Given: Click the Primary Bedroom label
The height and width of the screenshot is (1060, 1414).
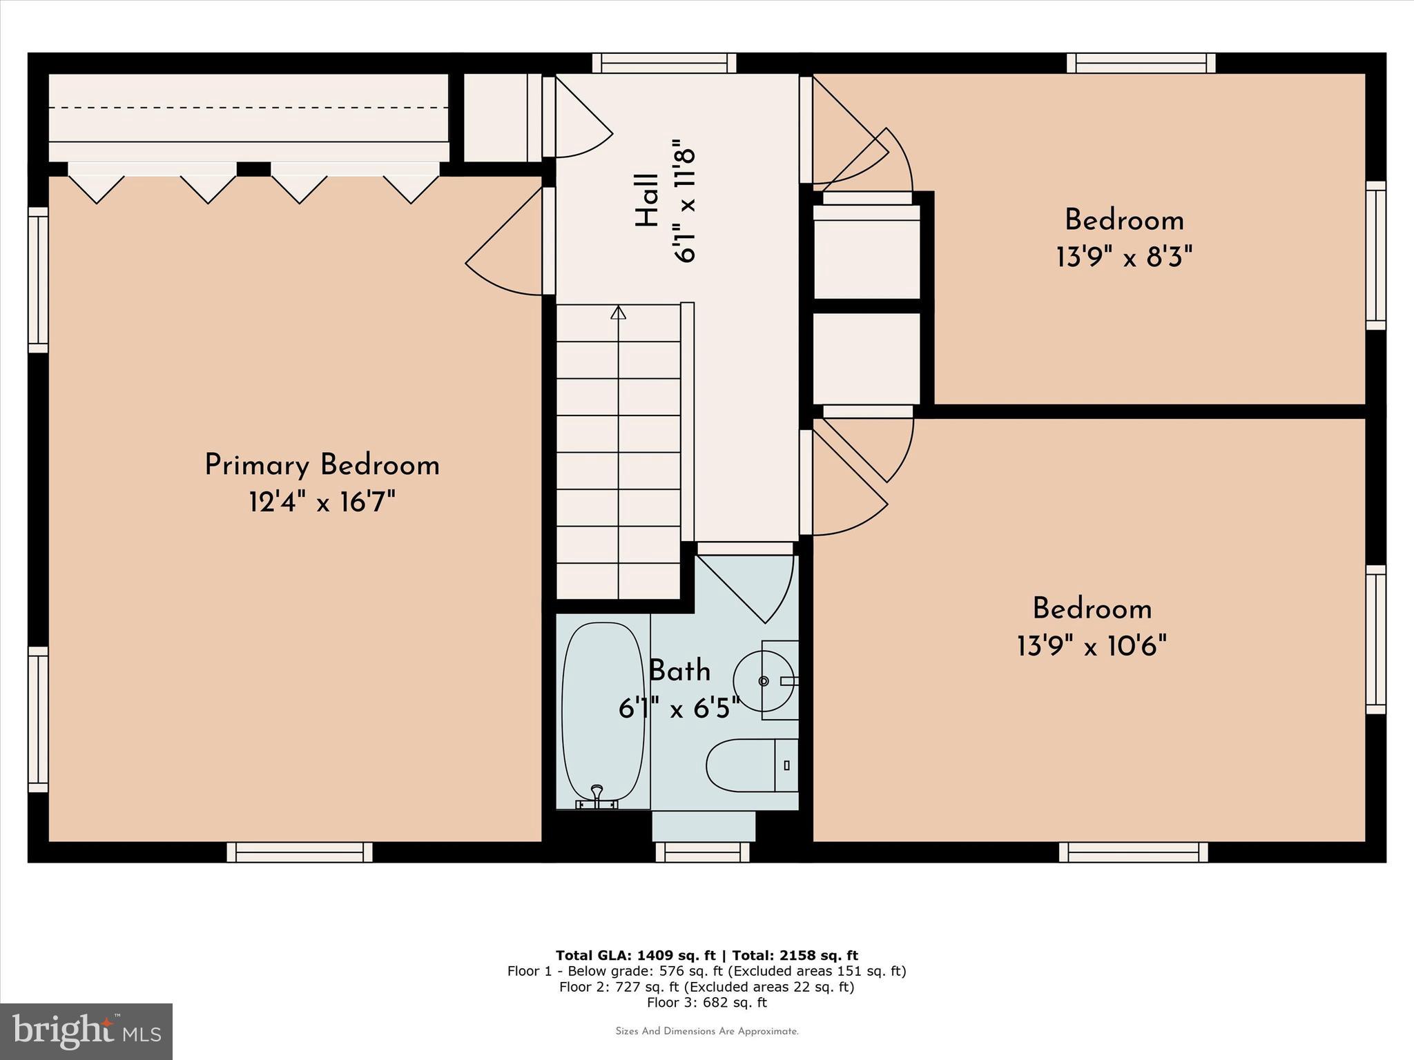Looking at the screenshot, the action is click(x=322, y=465).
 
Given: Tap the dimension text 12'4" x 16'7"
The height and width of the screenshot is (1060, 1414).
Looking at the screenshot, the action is click(x=322, y=502).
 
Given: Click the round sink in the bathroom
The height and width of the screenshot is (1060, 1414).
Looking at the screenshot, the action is click(x=763, y=681).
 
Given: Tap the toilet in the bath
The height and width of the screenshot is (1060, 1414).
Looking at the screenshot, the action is click(x=752, y=765).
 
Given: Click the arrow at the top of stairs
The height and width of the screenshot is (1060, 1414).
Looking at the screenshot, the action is click(x=619, y=313).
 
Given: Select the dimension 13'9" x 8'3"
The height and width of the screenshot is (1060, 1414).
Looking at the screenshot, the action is click(x=1124, y=258).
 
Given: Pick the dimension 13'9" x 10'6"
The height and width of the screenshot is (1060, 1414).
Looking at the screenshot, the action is click(x=1092, y=647).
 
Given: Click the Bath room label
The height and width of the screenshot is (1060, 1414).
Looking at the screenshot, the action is click(x=679, y=670).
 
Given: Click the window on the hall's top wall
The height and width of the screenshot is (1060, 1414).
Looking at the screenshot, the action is click(x=664, y=63).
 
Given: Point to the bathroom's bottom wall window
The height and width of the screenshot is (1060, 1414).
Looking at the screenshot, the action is click(x=702, y=852).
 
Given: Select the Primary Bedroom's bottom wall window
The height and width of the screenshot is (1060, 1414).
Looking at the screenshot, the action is click(x=300, y=852).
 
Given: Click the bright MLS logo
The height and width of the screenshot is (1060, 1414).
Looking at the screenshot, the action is click(x=86, y=1032).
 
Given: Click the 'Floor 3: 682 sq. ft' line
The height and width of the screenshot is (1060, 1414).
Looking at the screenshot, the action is click(x=707, y=1003).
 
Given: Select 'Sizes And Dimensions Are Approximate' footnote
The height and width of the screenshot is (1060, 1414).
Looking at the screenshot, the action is click(x=707, y=1032).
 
